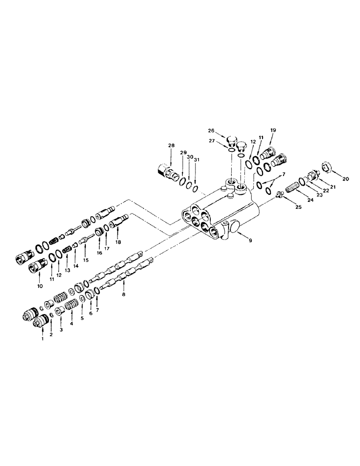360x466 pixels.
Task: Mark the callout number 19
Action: click(x=273, y=131)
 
